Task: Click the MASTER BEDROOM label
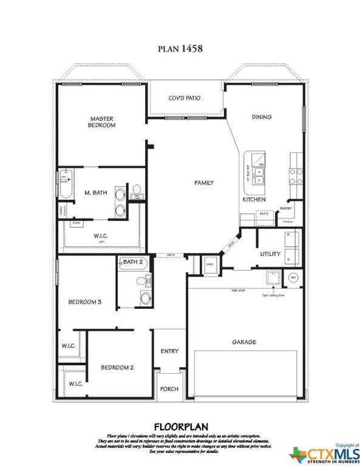(102, 122)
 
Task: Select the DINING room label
(262, 116)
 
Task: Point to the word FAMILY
(203, 183)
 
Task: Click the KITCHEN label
(254, 199)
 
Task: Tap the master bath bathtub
(66, 184)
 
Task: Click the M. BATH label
(96, 192)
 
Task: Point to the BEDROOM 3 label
(84, 302)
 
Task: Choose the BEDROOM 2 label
(117, 367)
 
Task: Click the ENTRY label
(169, 351)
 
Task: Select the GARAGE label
(243, 342)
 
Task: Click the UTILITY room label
(270, 254)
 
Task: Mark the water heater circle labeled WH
(293, 277)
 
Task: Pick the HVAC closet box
(210, 265)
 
